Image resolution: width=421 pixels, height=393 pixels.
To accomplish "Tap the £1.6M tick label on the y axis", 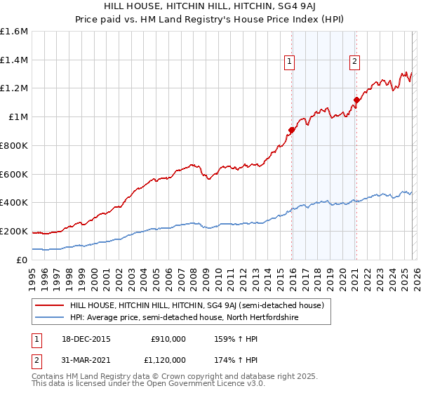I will (14, 32).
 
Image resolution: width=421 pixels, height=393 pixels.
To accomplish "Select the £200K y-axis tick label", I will (14, 231).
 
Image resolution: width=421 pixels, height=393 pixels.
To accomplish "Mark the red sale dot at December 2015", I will (291, 130).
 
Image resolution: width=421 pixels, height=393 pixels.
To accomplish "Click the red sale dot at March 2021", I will (356, 100).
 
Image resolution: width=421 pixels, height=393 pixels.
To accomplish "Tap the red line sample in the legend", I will (51, 306).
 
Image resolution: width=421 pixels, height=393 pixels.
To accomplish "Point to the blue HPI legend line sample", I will (51, 318).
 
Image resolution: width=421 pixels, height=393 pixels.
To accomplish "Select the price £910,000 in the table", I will (168, 338).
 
